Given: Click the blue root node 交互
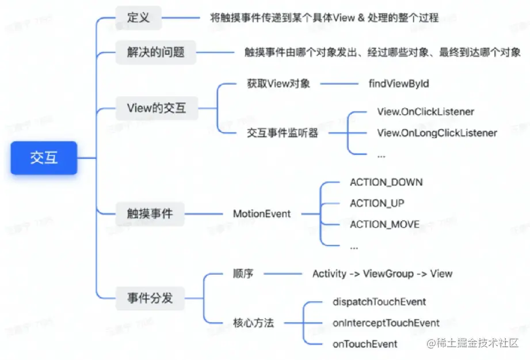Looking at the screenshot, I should (x=44, y=158).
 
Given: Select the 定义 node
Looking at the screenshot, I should (x=138, y=18).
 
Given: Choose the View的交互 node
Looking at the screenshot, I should (x=157, y=108).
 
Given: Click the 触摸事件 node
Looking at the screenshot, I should (x=150, y=214).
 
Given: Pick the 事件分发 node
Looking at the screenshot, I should (x=150, y=298).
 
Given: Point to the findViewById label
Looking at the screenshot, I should (x=399, y=84).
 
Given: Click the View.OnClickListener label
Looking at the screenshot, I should (x=426, y=111).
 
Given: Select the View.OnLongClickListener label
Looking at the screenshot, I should (x=437, y=133).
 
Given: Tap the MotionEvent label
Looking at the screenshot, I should (x=262, y=214).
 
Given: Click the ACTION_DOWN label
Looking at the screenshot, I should (x=386, y=182).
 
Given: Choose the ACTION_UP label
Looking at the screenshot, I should (x=377, y=203).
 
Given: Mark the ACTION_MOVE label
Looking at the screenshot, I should (x=384, y=224).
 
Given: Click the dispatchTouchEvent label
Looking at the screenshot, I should (x=379, y=301).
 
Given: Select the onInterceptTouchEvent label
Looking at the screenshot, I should (x=386, y=323).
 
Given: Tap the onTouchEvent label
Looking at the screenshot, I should (x=365, y=344).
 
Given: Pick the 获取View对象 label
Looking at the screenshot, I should (x=279, y=84).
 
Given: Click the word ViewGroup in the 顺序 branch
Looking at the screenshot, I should (x=388, y=274).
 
